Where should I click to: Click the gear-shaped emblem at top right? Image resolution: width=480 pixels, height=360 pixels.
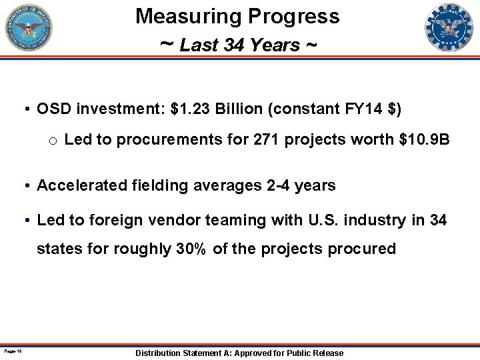[449, 28]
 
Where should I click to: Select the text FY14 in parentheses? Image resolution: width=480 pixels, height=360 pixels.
[359, 109]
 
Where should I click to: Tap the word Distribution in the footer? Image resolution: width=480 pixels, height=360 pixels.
[161, 353]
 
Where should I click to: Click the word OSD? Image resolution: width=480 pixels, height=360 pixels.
[55, 109]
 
